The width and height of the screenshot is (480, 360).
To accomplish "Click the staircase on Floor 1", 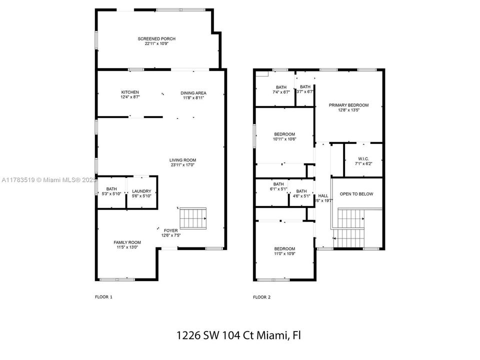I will pyautogui.click(x=193, y=217).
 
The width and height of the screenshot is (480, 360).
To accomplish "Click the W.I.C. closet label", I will pyautogui.click(x=363, y=160).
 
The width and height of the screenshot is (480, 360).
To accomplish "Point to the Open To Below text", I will pyautogui.click(x=356, y=194).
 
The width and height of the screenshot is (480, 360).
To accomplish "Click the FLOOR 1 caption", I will pyautogui.click(x=103, y=297).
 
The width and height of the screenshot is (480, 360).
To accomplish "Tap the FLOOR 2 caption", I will pyautogui.click(x=261, y=297).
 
